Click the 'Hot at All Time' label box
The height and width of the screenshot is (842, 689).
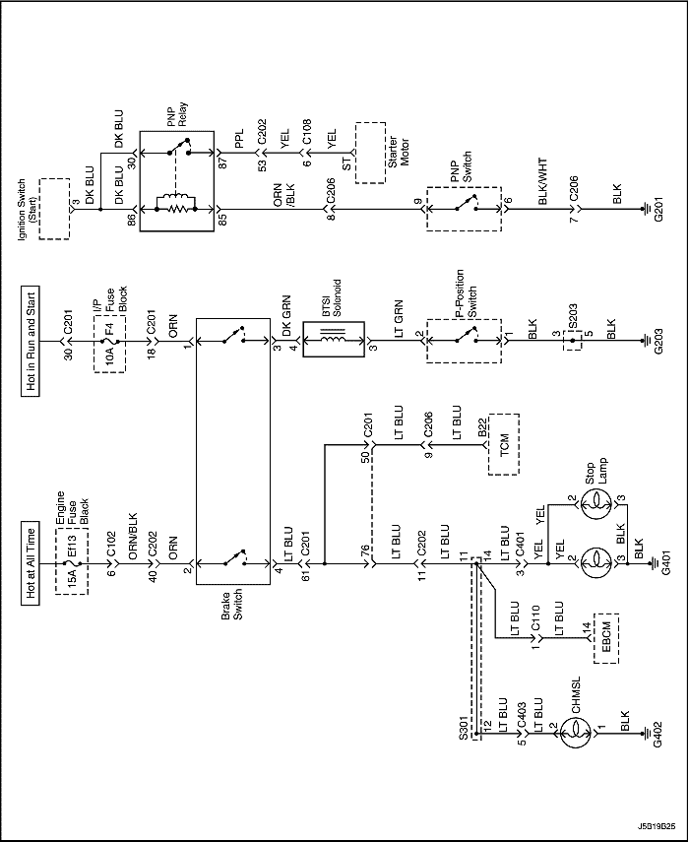coord(31,563)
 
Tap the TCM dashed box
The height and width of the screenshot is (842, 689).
coord(504,444)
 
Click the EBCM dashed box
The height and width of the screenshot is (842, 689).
coord(606,638)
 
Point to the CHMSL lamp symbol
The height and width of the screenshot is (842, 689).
coord(576,733)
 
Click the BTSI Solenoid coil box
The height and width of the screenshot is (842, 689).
coord(334,340)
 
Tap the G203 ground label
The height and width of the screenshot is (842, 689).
coord(658,341)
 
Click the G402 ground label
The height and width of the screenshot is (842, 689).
coord(658,733)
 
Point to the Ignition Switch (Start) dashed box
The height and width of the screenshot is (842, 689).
coord(54,209)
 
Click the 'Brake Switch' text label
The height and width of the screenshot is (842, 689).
coord(233,605)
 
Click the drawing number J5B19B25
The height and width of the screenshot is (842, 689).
coord(657,825)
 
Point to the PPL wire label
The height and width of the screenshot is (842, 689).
coord(239,139)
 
